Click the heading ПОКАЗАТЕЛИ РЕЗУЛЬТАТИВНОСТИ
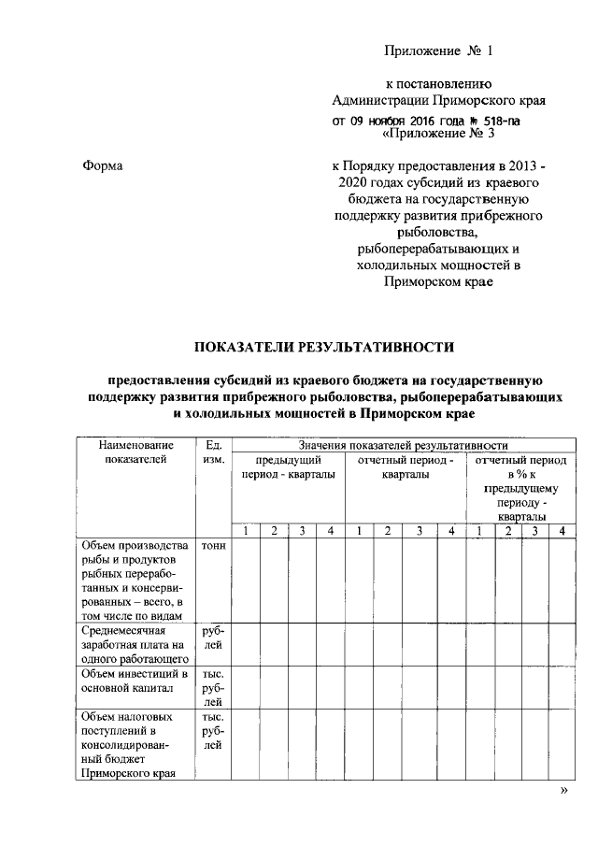(x=322, y=348)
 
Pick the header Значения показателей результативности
(x=404, y=446)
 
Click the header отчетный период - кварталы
(x=406, y=467)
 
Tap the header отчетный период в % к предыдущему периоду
(x=521, y=488)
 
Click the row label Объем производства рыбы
(x=135, y=580)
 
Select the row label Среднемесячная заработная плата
(x=135, y=644)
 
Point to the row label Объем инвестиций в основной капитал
(x=135, y=681)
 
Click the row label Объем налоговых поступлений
(x=135, y=745)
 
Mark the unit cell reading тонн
(x=212, y=546)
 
